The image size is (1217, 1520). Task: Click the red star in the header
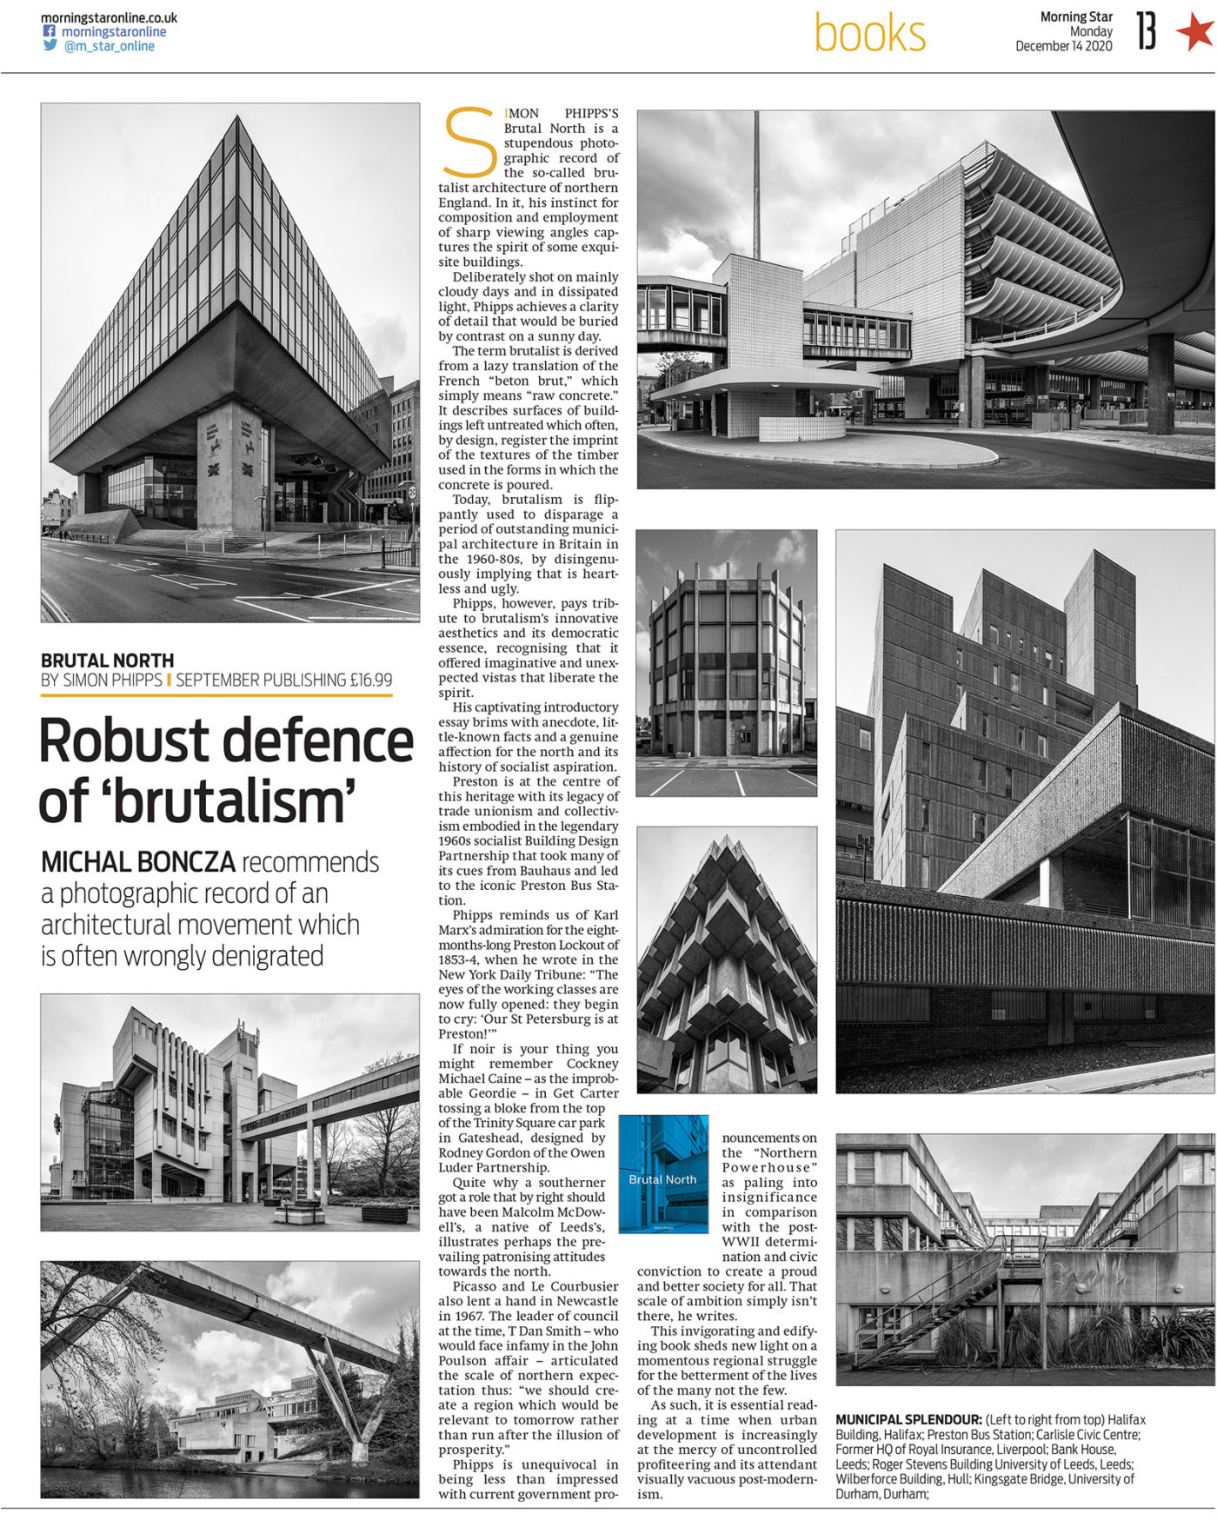[1194, 32]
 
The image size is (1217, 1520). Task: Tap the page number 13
[1147, 32]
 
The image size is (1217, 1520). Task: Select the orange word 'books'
[869, 35]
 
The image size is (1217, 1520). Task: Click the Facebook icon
[50, 31]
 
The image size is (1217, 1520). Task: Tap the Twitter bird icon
[50, 46]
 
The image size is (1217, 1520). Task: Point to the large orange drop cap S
[469, 142]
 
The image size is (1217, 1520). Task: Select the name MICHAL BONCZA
[138, 862]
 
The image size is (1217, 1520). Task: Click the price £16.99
[371, 680]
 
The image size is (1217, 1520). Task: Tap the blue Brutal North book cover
[663, 1174]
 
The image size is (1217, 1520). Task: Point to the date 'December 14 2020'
[1064, 47]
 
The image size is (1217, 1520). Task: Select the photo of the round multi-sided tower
[727, 662]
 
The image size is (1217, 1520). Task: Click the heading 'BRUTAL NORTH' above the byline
[107, 660]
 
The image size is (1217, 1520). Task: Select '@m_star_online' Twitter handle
[109, 46]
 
